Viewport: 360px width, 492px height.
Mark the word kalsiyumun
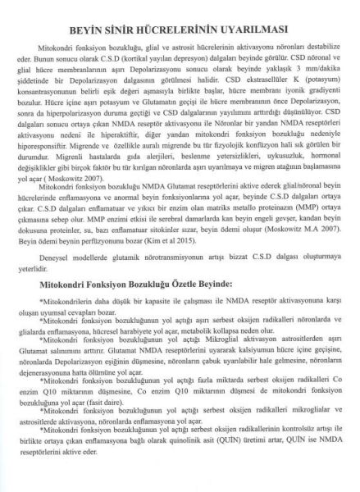point(238,351)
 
